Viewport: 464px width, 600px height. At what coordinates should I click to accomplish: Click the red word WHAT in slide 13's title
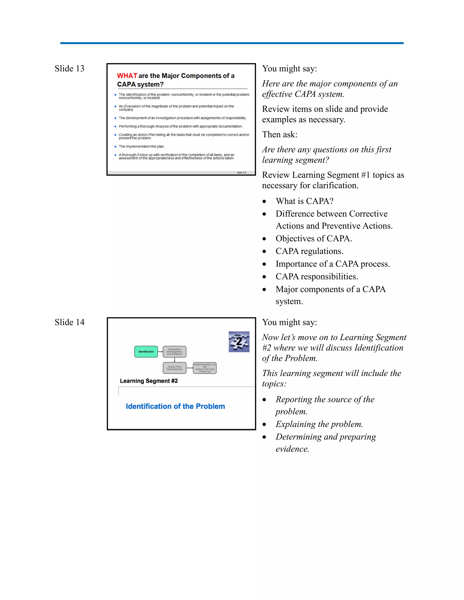tap(127, 76)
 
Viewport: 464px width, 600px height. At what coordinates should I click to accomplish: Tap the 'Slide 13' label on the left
tap(69, 68)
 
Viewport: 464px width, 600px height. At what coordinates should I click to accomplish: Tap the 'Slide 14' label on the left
tap(70, 322)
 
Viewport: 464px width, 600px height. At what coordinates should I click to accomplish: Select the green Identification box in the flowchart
tap(146, 352)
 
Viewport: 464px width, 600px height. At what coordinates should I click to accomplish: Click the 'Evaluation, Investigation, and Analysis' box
tap(174, 352)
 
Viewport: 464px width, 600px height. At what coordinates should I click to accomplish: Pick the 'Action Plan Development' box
tap(174, 368)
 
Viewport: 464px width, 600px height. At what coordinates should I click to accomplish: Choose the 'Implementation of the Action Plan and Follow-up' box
tap(205, 368)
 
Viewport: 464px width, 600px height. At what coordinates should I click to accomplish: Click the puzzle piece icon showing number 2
tap(239, 341)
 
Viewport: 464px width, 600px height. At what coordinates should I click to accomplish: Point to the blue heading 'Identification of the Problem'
tap(175, 406)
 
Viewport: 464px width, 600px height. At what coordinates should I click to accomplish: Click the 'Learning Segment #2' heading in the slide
tap(149, 381)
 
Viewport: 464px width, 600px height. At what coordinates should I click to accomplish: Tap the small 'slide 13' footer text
tap(241, 173)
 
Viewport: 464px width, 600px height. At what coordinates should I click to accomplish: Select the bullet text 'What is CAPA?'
tap(304, 201)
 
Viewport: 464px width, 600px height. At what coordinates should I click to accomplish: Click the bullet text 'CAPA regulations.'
tap(309, 251)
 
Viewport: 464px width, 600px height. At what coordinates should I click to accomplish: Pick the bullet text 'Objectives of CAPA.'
tap(314, 238)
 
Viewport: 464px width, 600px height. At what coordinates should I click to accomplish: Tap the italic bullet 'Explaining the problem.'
tap(319, 424)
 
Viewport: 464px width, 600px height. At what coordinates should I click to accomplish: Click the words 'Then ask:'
tap(280, 134)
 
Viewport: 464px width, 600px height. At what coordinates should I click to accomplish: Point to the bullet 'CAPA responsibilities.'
tap(317, 276)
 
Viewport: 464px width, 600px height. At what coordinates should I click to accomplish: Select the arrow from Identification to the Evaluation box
tap(161, 352)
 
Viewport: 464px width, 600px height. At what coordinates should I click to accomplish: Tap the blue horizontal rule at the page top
tap(232, 43)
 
